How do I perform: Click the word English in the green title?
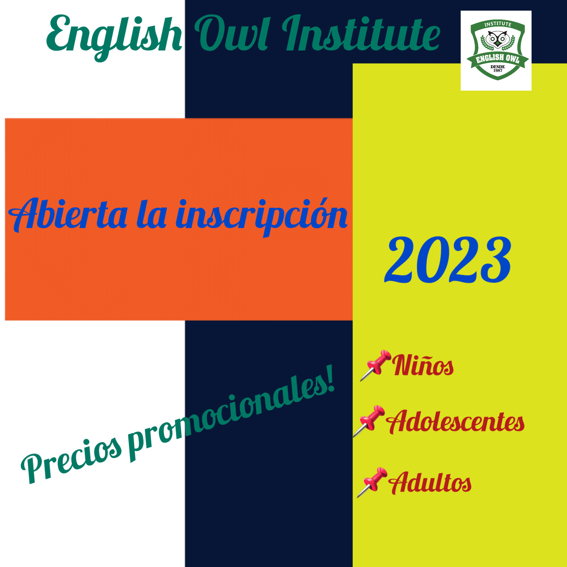(x=114, y=37)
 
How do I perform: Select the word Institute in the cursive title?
(x=361, y=33)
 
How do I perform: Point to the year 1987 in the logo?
(x=498, y=71)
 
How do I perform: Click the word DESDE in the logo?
(x=498, y=67)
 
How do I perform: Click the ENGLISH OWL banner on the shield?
(x=498, y=58)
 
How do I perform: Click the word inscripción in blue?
(x=262, y=217)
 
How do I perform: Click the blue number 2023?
(x=448, y=260)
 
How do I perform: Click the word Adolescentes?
(x=455, y=421)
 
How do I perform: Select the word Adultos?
(x=430, y=483)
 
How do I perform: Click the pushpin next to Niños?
(x=375, y=366)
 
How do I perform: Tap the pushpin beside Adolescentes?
(x=369, y=421)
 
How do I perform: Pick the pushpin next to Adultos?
(x=372, y=483)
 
